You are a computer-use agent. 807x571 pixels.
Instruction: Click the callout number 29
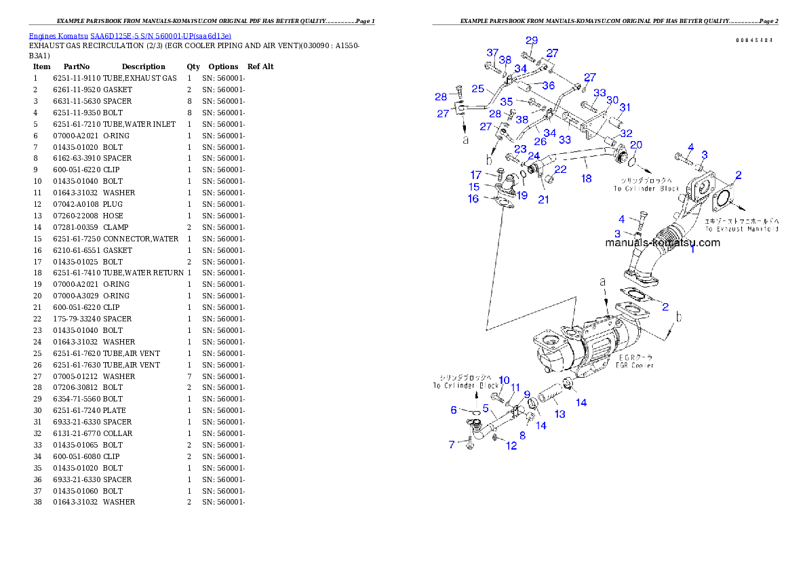pos(532,41)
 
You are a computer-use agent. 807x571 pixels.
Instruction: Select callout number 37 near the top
pos(492,53)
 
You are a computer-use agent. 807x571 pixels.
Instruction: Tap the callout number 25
pos(477,89)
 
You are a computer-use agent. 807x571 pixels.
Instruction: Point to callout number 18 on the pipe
pos(586,178)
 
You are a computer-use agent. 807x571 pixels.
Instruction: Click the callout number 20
pos(636,145)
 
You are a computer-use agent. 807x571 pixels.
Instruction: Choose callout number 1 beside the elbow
pos(692,250)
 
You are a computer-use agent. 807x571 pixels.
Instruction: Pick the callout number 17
pos(476,175)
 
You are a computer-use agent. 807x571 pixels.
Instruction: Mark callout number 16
pos(473,199)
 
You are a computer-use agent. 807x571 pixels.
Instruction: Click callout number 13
pos(559,414)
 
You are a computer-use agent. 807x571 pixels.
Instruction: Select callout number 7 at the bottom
pos(452,445)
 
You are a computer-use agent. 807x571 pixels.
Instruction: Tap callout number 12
pos(511,446)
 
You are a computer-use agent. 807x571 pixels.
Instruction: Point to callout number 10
pos(504,380)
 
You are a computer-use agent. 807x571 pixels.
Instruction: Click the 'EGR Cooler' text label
pos(635,366)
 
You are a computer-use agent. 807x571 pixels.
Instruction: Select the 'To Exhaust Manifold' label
pos(741,229)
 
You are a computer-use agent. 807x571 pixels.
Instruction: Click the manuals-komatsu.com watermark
pos(663,242)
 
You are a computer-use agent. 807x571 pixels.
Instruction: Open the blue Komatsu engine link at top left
pos(130,36)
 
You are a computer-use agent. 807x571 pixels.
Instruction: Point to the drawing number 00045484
pos(754,40)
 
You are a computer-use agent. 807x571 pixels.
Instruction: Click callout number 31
pos(625,107)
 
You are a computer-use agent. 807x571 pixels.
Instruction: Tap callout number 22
pos(561,169)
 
